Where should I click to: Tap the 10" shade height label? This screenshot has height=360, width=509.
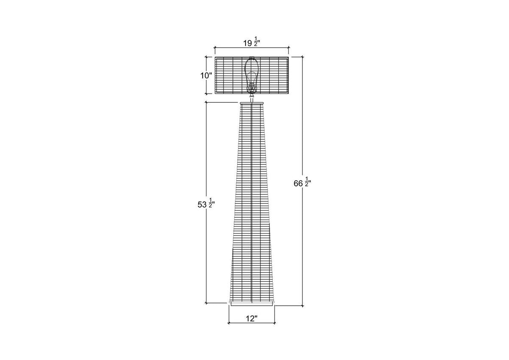tap(206, 76)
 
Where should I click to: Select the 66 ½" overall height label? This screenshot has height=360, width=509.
tap(302, 183)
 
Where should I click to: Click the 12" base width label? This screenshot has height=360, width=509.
tap(252, 319)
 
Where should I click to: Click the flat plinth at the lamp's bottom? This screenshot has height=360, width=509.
tap(252, 304)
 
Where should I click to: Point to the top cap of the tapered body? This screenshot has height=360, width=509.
tap(252, 103)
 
